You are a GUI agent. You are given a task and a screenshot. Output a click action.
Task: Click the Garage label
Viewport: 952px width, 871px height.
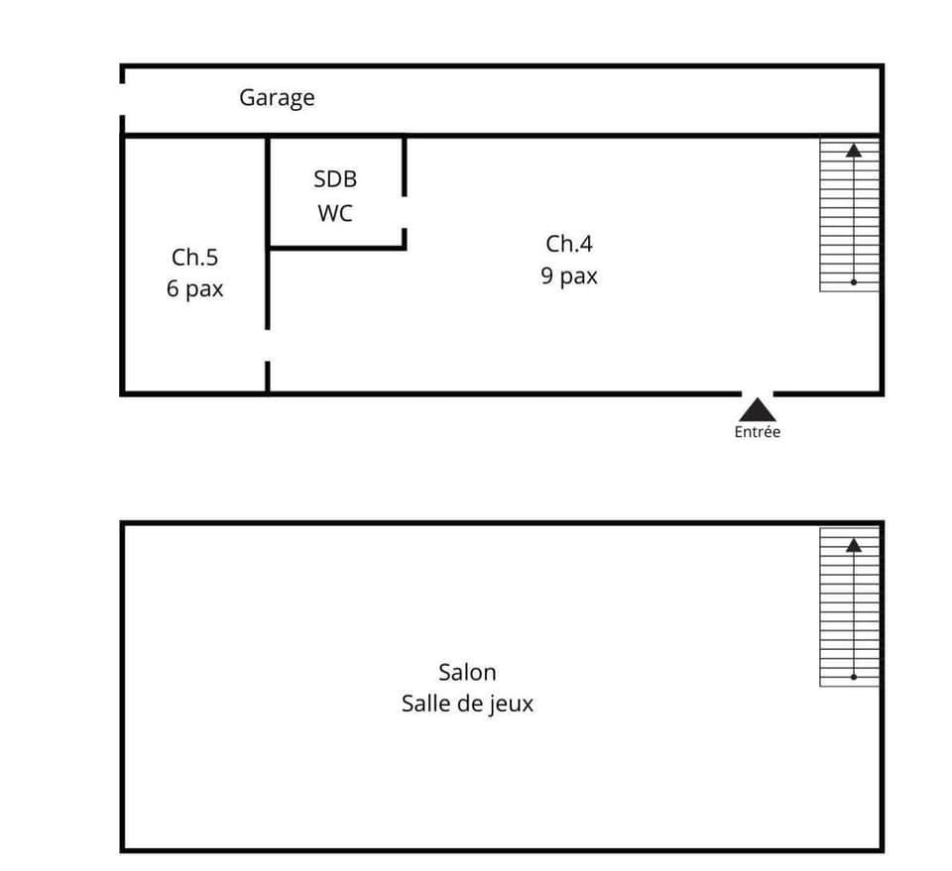(277, 97)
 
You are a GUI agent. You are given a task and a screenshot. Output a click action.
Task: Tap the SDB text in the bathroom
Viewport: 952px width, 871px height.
(335, 179)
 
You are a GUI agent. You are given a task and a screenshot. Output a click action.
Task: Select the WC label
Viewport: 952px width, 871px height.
(335, 213)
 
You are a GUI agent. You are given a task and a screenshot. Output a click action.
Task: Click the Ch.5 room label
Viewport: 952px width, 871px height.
(194, 258)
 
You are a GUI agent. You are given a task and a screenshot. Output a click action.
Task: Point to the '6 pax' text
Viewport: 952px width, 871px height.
(194, 289)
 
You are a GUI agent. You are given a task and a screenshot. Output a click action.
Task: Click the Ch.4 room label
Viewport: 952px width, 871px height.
(569, 244)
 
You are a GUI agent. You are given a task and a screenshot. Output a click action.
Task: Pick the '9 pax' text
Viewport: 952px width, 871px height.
(569, 275)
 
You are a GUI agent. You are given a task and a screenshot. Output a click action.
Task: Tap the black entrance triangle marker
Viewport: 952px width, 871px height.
(758, 409)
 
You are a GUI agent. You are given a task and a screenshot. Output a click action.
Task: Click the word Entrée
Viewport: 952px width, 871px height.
(758, 432)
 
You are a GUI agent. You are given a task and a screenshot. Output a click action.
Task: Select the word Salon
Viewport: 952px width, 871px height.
(467, 672)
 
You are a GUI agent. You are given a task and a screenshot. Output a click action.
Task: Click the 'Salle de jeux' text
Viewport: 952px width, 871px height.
(467, 704)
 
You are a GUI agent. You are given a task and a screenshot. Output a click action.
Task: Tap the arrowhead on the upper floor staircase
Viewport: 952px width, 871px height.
(853, 151)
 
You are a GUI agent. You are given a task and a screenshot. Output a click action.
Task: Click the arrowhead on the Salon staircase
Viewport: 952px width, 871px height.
(853, 544)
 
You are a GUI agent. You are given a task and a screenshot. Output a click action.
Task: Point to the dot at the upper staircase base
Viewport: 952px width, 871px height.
(853, 282)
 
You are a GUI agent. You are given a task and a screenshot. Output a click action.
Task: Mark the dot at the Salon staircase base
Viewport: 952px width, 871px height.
(853, 678)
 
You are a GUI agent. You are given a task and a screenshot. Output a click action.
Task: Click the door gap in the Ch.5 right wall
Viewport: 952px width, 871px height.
(268, 345)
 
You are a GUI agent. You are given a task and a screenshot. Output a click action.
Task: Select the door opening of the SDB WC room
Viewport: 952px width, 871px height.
(405, 213)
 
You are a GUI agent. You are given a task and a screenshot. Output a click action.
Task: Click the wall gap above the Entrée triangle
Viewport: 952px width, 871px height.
(758, 393)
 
